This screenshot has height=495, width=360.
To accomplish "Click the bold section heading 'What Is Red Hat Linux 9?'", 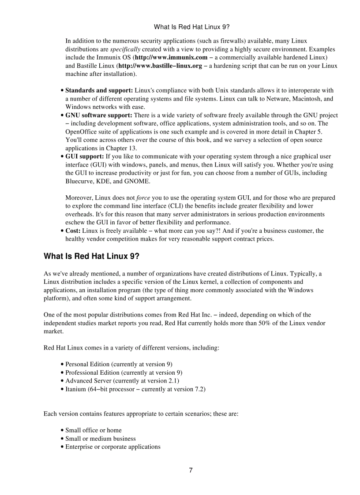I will (x=91, y=257).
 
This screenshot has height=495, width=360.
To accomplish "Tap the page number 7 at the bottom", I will (x=191, y=470).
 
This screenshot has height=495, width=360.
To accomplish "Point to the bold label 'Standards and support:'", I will (x=99, y=90).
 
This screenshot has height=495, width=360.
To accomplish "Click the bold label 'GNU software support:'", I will (x=98, y=115).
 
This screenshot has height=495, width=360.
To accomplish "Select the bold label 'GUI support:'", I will (x=84, y=156).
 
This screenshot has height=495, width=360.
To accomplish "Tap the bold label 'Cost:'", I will (x=73, y=231).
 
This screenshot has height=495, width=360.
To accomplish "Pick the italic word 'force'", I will (x=142, y=198).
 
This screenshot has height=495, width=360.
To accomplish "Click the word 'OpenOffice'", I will (x=81, y=132).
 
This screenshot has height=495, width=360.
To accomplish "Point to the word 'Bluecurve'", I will (x=79, y=181).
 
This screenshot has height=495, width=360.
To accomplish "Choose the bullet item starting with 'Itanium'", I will (x=135, y=389).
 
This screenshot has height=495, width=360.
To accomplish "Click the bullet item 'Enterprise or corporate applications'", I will (x=112, y=447).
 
